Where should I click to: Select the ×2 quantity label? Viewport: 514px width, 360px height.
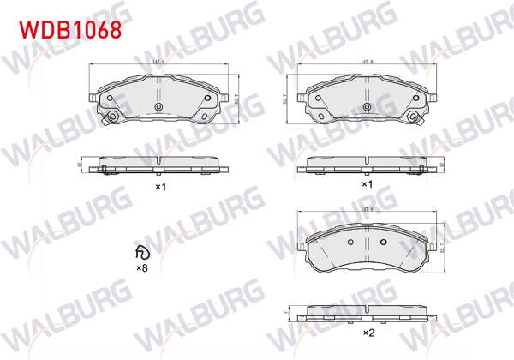368,333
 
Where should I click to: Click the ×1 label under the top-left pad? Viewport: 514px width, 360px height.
159,185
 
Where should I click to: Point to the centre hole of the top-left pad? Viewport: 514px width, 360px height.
159,106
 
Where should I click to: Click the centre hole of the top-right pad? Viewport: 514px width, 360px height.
367,107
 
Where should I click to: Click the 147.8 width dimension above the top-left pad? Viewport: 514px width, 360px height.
159,62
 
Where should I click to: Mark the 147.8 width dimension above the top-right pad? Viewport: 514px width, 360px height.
366,62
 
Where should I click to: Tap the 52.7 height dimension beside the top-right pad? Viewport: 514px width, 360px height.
284,101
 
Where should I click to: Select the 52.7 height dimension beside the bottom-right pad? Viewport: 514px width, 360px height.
442,248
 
